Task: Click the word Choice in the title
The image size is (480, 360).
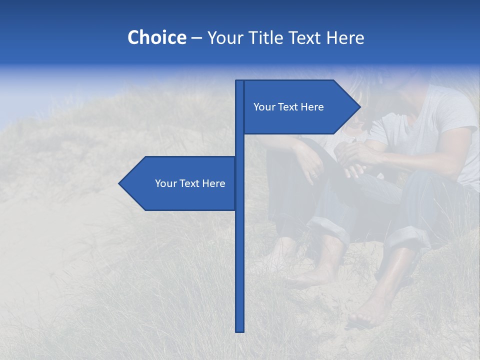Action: pyautogui.click(x=156, y=37)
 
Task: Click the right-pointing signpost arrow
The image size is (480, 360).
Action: pyautogui.click(x=295, y=107)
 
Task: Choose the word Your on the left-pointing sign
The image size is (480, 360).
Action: pyautogui.click(x=165, y=183)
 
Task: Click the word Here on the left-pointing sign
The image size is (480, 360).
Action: pyautogui.click(x=213, y=183)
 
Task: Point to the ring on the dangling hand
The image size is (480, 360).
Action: pyautogui.click(x=313, y=174)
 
